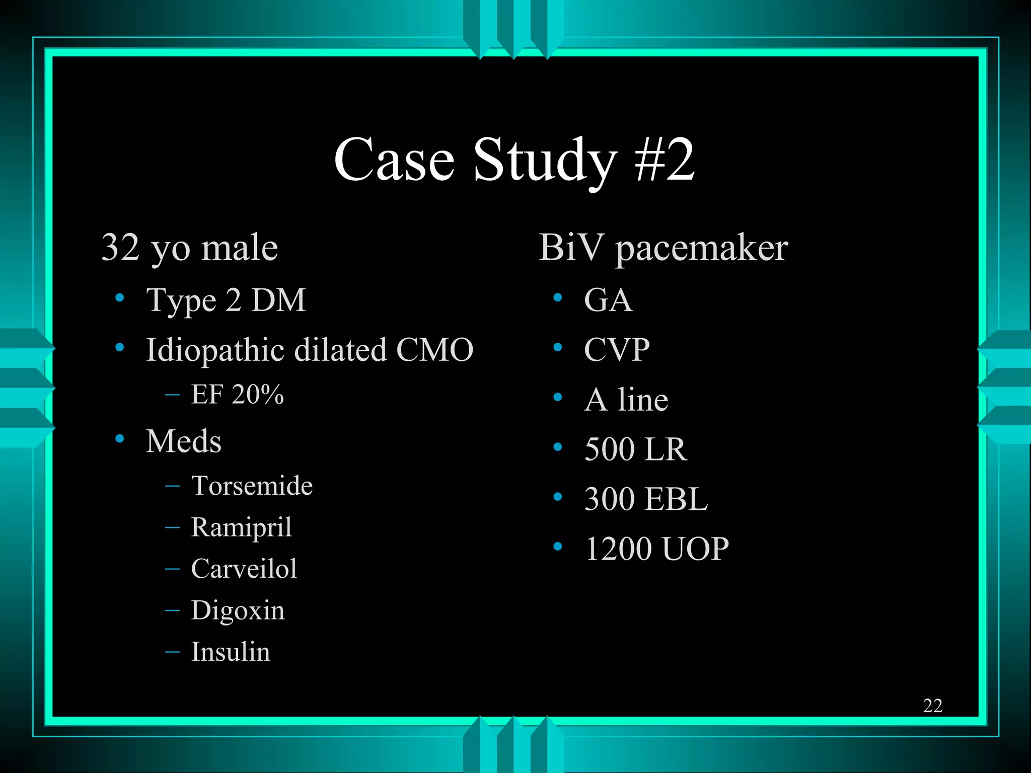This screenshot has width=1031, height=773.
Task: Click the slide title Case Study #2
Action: (x=514, y=160)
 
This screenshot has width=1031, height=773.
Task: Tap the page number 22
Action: (x=932, y=706)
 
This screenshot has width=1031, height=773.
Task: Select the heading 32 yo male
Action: (x=190, y=248)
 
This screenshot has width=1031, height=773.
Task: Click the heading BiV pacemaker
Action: (x=663, y=248)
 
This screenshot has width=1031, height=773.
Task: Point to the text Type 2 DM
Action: (x=226, y=300)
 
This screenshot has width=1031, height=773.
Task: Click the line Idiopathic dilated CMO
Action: (x=309, y=350)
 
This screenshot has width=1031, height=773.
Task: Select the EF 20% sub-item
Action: (x=237, y=394)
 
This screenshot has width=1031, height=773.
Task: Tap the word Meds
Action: (x=183, y=441)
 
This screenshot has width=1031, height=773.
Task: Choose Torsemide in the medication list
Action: (x=252, y=486)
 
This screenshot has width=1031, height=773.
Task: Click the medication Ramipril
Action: (x=241, y=527)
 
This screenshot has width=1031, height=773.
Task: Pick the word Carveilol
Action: (x=244, y=569)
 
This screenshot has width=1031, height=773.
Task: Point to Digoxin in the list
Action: (x=238, y=610)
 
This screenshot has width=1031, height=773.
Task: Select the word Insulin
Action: (x=231, y=652)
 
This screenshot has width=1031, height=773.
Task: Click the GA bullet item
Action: (x=608, y=300)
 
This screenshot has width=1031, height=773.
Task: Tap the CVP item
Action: (x=617, y=350)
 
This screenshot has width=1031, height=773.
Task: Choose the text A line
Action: (x=626, y=400)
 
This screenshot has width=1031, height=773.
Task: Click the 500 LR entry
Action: (x=635, y=449)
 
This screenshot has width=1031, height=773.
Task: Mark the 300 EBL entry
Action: (x=646, y=499)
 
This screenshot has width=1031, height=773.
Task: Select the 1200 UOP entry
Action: (x=656, y=549)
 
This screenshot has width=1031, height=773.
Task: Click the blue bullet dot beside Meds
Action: (x=120, y=439)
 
